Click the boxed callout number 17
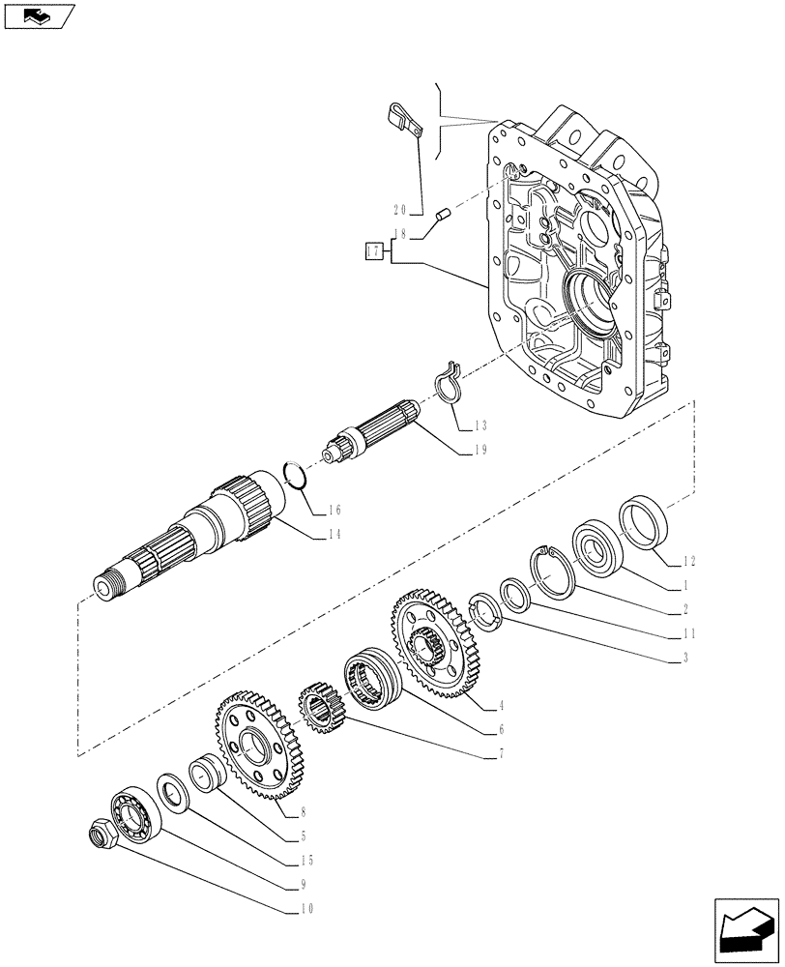tap(373, 252)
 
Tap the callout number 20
tap(400, 209)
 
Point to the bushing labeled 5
tap(208, 774)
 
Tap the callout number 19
tap(480, 450)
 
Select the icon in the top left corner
tap(38, 16)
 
